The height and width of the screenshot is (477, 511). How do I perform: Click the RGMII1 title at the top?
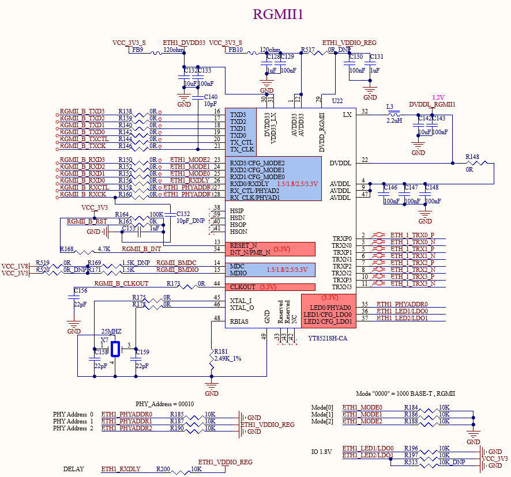(278, 14)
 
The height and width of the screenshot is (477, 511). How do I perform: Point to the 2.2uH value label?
(394, 121)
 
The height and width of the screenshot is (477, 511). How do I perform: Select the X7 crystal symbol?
(115, 349)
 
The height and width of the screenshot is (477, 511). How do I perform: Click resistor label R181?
(220, 351)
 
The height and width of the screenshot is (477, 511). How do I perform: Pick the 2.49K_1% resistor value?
(227, 358)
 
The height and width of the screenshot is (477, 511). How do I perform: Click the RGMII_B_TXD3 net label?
(82, 111)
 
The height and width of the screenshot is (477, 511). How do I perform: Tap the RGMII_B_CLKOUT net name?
(121, 283)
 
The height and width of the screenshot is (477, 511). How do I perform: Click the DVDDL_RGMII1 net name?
(432, 104)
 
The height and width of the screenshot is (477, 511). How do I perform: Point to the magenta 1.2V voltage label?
(438, 97)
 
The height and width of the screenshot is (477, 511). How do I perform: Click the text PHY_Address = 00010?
(164, 403)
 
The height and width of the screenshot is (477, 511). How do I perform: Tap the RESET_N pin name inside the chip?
(243, 245)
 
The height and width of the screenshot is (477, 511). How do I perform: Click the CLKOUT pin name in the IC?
(243, 287)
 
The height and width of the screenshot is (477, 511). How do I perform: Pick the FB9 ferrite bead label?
(137, 50)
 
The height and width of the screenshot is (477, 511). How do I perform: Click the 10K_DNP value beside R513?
(452, 462)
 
